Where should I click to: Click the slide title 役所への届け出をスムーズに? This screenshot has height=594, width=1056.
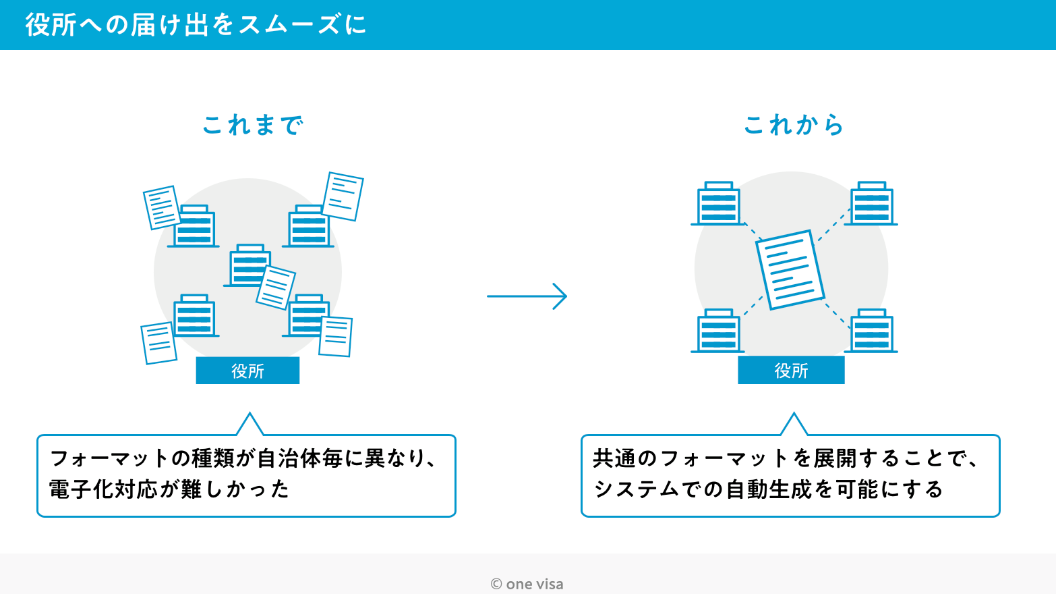point(196,25)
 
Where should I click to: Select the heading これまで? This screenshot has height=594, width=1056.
point(253,125)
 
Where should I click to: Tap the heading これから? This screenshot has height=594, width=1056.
point(794,125)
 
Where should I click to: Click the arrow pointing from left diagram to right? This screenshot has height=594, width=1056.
point(527,296)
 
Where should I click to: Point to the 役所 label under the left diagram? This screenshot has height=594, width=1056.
point(247,371)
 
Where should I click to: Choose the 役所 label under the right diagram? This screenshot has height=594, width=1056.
point(791,371)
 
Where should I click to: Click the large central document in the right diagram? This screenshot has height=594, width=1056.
point(790,269)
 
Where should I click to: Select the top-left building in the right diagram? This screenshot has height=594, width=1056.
point(718,204)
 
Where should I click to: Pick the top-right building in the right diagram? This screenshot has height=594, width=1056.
point(871,204)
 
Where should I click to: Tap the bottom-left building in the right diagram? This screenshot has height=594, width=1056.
point(718,331)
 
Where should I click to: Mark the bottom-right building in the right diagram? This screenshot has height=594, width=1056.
point(871,331)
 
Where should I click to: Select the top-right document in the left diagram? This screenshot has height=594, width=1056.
point(343,196)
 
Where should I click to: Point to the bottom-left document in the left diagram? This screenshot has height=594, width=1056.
point(158,343)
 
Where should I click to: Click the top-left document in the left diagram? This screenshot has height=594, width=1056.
point(161,207)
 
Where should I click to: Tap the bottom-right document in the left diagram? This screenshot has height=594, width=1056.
point(336,336)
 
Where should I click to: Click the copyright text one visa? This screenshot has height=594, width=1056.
point(527,584)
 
